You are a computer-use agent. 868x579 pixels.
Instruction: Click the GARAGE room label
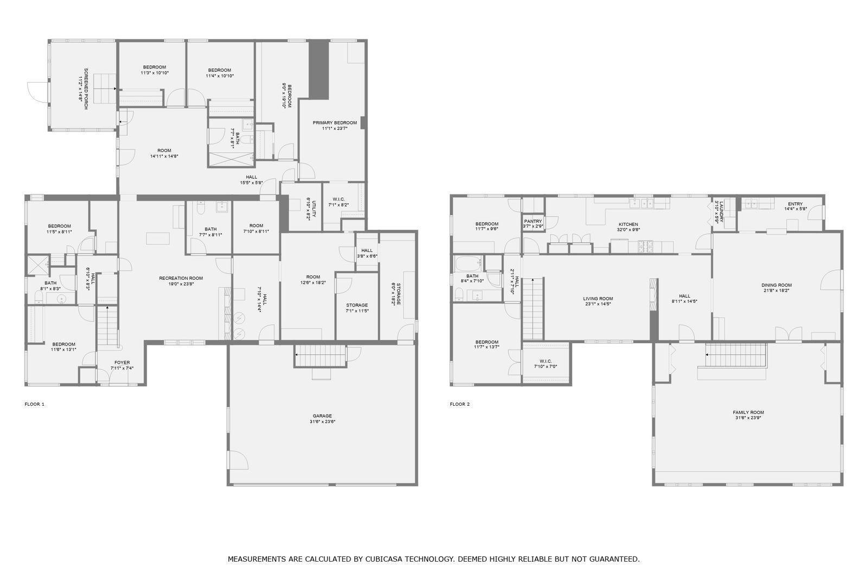322,416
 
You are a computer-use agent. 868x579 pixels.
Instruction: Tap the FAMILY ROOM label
748,412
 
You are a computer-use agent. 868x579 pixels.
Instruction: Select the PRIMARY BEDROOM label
335,123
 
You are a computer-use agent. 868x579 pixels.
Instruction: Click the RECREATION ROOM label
181,278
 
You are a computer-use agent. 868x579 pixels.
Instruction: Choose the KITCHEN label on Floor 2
628,224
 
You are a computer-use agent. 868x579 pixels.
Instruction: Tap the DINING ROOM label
776,285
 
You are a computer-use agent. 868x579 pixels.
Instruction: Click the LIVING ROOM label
598,298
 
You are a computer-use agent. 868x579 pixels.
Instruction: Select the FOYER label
122,362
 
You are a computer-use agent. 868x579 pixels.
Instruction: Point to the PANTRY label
533,221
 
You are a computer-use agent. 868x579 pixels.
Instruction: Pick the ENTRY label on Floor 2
795,204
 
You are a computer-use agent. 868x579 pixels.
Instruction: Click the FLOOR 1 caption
35,404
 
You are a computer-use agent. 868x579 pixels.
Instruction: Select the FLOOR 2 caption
459,404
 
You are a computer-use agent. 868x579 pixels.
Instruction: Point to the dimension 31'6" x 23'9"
748,418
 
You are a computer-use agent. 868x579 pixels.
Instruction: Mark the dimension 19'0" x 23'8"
181,284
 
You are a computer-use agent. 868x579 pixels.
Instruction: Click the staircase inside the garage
320,355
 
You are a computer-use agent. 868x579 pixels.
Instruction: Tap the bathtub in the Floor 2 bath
468,263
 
